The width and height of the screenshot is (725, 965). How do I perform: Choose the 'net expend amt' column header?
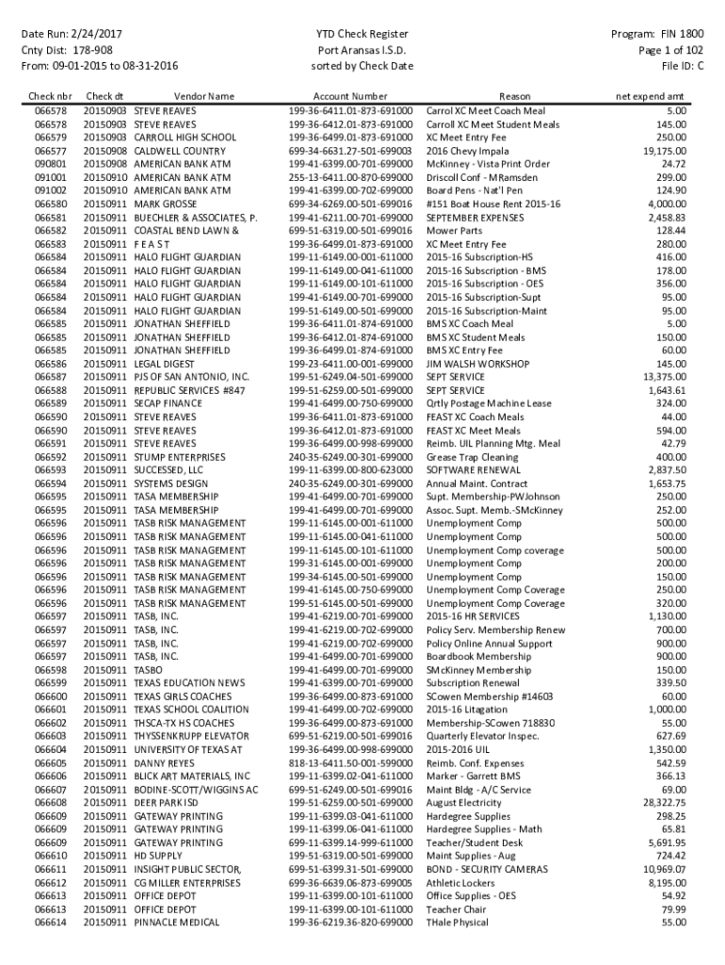(x=650, y=96)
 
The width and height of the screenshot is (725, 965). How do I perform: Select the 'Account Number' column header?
(x=350, y=96)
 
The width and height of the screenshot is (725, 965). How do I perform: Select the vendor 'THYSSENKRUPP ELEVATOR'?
(x=191, y=735)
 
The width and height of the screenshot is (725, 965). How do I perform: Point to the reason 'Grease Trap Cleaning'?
(x=473, y=457)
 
